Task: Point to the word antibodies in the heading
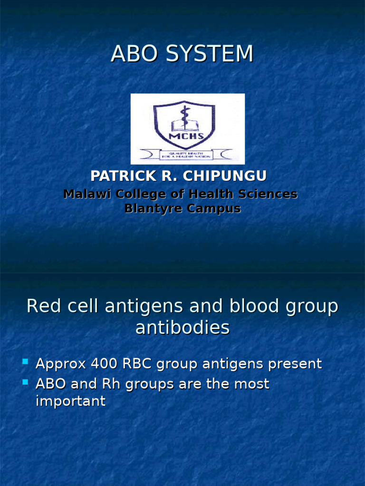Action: click(182, 328)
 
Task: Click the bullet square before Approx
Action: click(25, 363)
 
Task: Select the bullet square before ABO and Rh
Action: click(25, 382)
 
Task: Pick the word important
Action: click(71, 402)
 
